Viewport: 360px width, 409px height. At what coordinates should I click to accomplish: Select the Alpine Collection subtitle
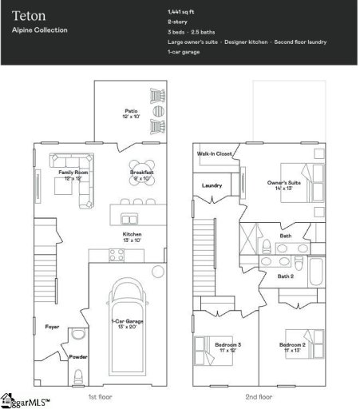click(x=40, y=30)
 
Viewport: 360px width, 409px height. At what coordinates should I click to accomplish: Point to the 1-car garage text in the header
click(x=184, y=52)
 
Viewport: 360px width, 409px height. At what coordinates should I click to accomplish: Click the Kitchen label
click(x=132, y=233)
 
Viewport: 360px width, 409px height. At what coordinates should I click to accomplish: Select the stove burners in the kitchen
click(x=117, y=255)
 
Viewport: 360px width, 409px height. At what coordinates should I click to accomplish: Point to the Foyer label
click(x=52, y=326)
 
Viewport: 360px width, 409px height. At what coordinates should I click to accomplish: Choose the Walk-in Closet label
click(x=215, y=153)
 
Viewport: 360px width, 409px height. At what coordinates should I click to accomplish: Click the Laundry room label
click(x=212, y=185)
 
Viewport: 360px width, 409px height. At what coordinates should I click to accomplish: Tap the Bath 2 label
click(x=286, y=276)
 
